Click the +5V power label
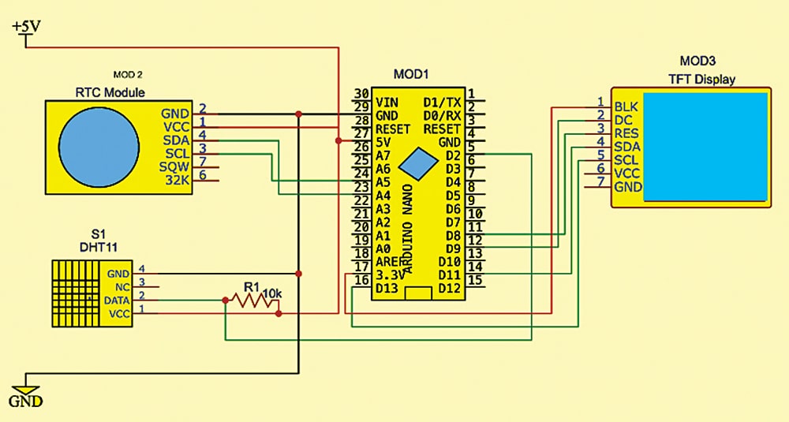click(27, 27)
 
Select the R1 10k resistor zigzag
click(249, 300)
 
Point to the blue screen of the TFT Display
click(705, 147)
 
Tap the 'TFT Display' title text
click(701, 79)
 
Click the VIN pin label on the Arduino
click(387, 102)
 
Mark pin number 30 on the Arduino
click(362, 93)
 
